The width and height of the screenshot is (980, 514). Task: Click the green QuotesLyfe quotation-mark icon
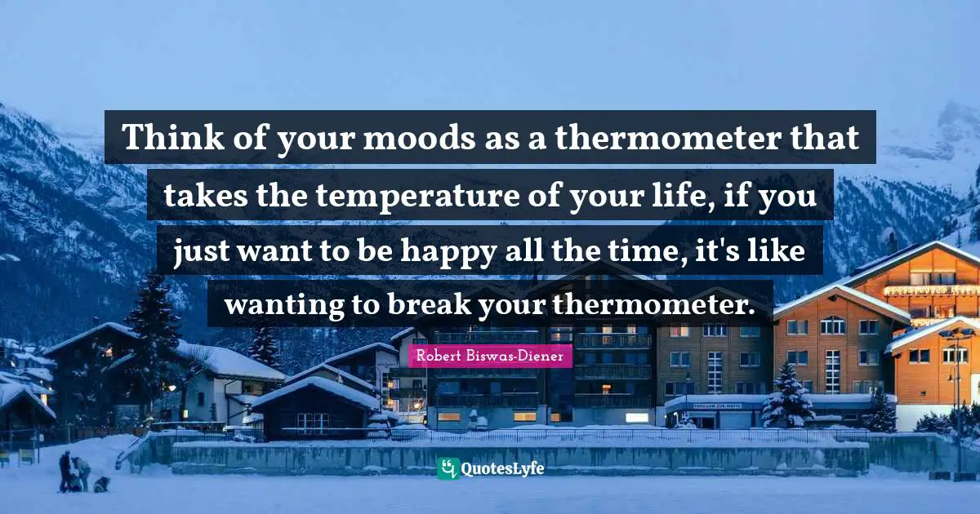click(448, 468)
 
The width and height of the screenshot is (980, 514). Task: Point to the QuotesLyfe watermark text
click(502, 469)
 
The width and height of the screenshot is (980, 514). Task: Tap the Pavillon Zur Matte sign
click(718, 405)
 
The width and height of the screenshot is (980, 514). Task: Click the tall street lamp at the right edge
click(956, 392)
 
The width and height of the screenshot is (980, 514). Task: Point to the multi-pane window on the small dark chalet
click(314, 421)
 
